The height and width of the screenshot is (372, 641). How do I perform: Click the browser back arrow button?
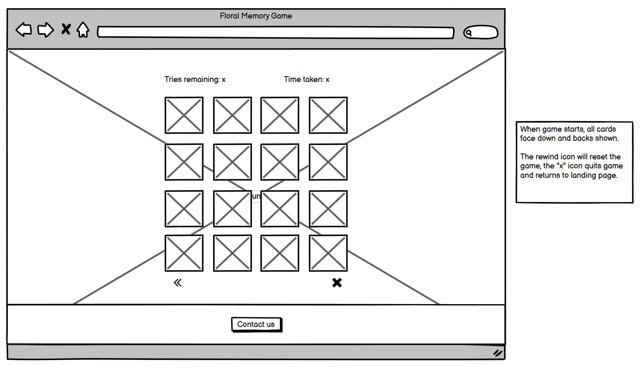24,30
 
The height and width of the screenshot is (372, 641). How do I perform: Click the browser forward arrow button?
45,30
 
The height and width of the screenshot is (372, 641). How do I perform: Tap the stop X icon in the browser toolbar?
66,29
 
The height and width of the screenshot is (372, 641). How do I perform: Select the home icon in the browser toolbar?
83,30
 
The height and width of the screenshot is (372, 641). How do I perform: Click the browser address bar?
275,32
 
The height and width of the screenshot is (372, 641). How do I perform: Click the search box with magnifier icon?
481,32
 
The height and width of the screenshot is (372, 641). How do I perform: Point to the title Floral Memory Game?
256,16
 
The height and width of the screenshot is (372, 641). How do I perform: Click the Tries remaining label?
195,79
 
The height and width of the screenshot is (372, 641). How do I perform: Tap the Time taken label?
307,79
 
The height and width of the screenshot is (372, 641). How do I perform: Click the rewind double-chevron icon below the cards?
178,283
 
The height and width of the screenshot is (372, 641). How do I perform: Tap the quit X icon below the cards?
337,283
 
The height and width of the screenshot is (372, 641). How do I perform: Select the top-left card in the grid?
184,115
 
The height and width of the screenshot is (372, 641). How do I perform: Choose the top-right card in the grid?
328,115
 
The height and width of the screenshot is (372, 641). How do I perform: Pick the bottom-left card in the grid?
184,253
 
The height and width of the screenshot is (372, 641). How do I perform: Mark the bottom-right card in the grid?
328,253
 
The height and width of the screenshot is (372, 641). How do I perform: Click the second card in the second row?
232,162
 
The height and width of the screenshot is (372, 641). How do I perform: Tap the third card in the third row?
280,209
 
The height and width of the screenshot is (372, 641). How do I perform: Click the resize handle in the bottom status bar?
498,353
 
